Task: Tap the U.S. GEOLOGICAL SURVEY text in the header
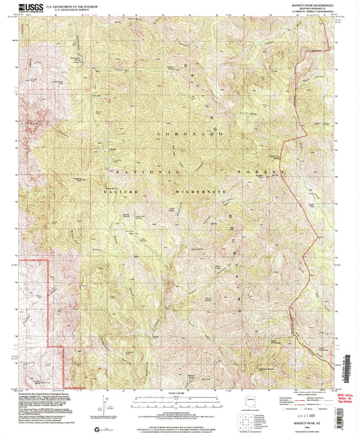click(70, 10)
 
